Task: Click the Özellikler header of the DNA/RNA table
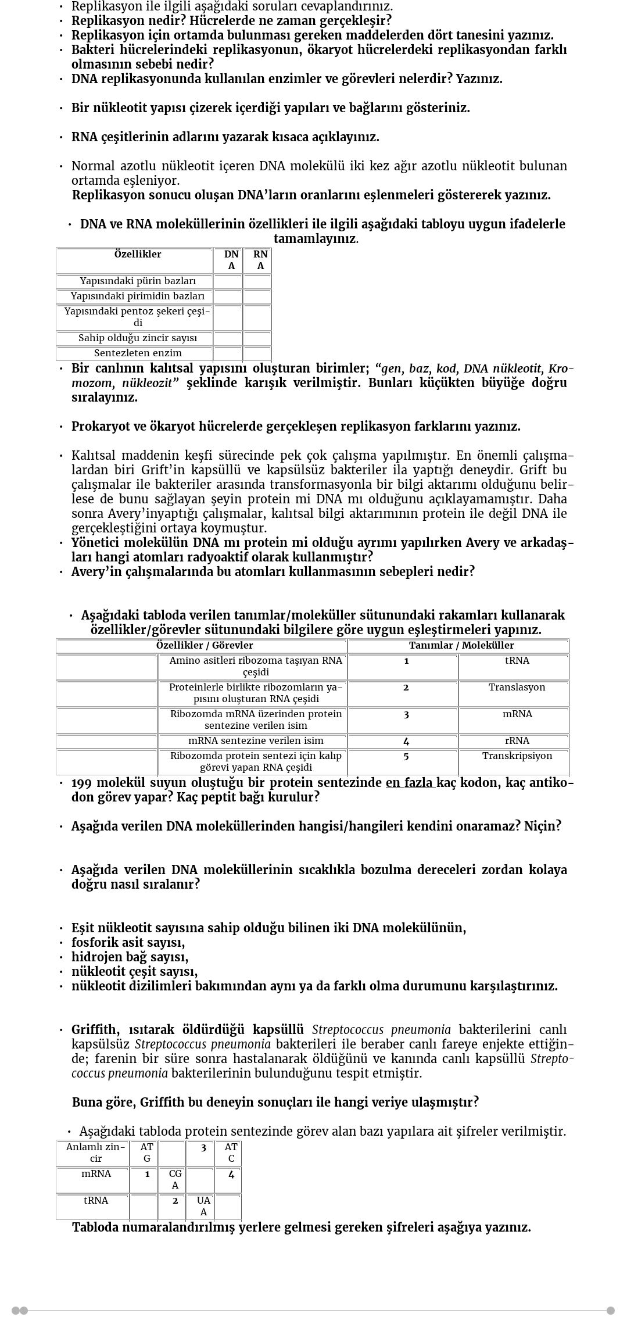(138, 255)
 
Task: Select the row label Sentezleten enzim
(138, 353)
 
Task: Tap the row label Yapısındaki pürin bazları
(138, 281)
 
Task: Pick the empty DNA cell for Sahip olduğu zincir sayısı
(228, 338)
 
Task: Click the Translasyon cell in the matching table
(517, 688)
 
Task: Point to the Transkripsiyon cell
(517, 756)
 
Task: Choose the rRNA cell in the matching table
(517, 741)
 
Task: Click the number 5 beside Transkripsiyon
(406, 756)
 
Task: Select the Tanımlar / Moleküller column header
(461, 646)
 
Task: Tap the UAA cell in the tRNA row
(203, 1206)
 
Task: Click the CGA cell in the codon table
(175, 1179)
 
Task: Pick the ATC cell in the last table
(231, 1153)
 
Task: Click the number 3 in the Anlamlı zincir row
(203, 1148)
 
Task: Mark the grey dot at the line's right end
(611, 1311)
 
